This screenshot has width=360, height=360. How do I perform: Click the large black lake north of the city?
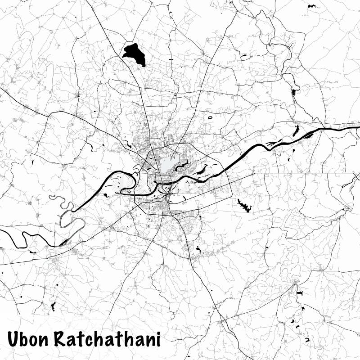(134, 54)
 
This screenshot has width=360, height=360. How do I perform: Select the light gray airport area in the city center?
(167, 163)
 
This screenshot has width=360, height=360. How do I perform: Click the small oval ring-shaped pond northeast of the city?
(210, 117)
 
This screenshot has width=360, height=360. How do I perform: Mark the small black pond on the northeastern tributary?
(293, 92)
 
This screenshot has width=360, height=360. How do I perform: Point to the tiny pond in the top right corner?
(311, 6)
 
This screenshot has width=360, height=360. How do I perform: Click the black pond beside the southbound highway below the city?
(198, 248)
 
